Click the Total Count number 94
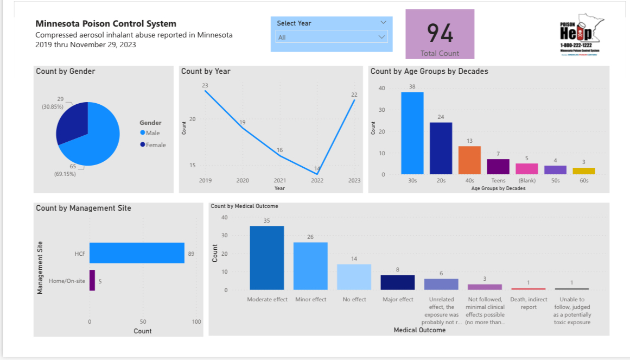point(440,33)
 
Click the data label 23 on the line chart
point(205,86)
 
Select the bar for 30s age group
point(412,133)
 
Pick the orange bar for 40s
point(469,160)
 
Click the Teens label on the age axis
point(498,180)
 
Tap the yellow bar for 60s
point(584,171)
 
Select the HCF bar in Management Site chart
point(137,253)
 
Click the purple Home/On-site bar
point(92,280)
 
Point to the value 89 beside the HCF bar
point(191,254)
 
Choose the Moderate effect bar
point(266,258)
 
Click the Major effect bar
point(397,282)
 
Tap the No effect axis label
point(354,300)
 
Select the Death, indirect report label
point(529,303)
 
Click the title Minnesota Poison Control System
point(106,23)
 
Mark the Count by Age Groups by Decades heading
point(429,71)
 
